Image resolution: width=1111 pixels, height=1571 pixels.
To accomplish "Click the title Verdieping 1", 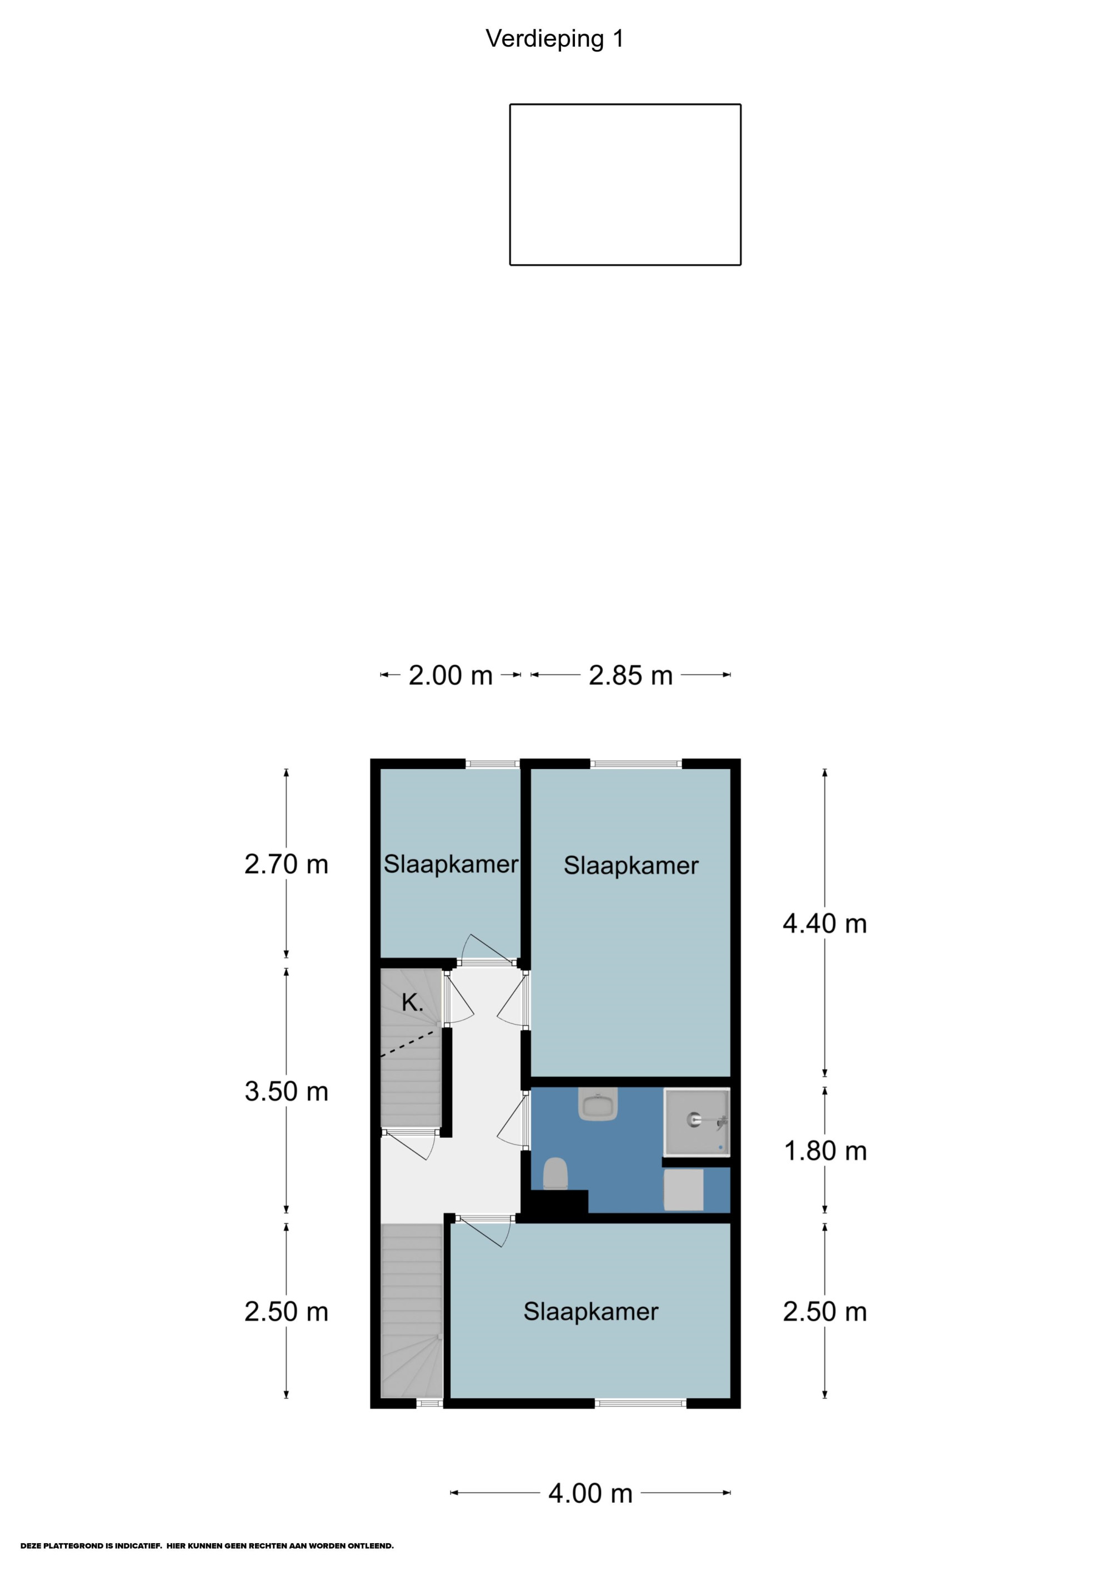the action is click(554, 39).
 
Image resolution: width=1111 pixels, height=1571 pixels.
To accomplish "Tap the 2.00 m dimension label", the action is click(451, 675).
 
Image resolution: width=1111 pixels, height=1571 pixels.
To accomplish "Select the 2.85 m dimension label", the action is click(630, 675).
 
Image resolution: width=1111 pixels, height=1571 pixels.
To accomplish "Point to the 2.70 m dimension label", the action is click(286, 864).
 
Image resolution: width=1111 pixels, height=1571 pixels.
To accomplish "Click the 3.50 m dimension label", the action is click(286, 1091).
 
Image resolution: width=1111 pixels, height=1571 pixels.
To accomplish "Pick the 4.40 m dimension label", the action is click(825, 923).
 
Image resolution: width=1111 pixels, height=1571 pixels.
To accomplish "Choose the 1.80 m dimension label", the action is click(825, 1151).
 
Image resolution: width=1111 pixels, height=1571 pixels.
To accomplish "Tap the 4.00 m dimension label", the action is click(590, 1493).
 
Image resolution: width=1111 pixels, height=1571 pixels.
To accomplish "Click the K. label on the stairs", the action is click(412, 1003).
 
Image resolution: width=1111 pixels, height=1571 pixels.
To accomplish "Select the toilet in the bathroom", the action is click(555, 1173).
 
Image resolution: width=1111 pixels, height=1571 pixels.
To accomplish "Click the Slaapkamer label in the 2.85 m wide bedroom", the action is click(630, 866).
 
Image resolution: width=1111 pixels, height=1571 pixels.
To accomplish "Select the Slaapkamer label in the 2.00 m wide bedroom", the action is click(451, 864).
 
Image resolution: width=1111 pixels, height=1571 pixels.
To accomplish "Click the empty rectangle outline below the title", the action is click(625, 104).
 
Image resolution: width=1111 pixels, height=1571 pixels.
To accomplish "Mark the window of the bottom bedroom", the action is click(640, 1403).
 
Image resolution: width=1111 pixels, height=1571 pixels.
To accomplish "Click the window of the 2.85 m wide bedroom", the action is click(636, 764).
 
